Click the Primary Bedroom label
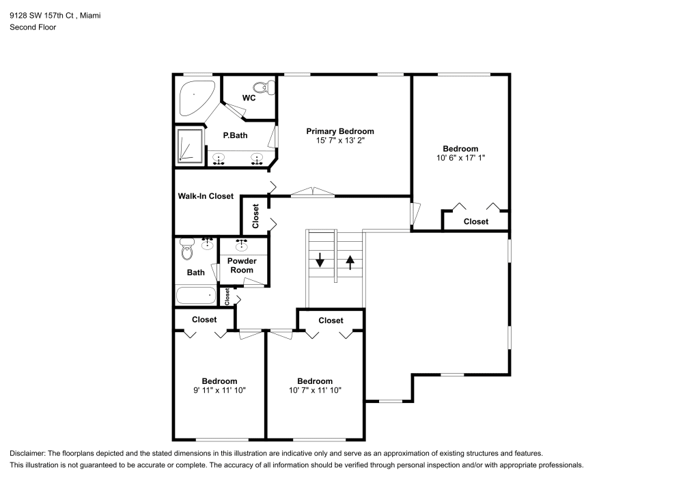[x=339, y=131]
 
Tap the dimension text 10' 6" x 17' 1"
[x=460, y=158]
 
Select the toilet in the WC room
[x=263, y=87]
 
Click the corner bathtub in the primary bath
[x=194, y=97]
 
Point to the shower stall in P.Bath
[x=189, y=146]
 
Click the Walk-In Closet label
[x=206, y=196]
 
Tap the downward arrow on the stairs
[x=319, y=260]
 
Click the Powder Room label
[x=242, y=266]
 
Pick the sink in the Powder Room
[x=242, y=244]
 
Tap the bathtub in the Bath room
[x=195, y=296]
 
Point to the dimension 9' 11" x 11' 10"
[x=219, y=390]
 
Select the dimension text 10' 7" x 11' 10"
[x=315, y=390]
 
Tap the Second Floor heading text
[x=33, y=27]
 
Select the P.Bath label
[x=236, y=135]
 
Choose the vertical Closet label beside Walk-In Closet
[x=255, y=216]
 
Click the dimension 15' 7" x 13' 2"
[x=339, y=141]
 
